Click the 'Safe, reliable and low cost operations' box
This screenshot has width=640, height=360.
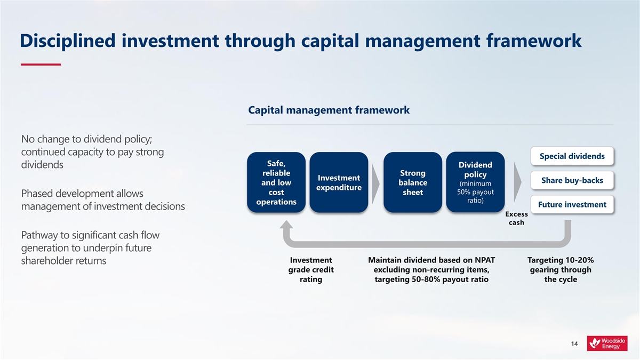[x=276, y=182]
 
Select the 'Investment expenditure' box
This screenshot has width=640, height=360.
[x=339, y=182]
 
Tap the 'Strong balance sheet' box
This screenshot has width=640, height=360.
[x=413, y=182]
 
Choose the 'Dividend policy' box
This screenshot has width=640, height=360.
[x=475, y=182]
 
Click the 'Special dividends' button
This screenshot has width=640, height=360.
[x=572, y=156]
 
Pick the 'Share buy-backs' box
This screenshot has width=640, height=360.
[x=572, y=180]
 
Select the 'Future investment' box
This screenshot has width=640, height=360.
[x=572, y=205]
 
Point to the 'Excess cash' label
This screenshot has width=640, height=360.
[x=516, y=218]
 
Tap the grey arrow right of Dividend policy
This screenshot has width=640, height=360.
[x=517, y=182]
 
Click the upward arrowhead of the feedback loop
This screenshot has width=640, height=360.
[x=286, y=225]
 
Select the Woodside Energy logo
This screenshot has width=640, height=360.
[x=607, y=343]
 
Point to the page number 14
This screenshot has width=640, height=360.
[x=574, y=343]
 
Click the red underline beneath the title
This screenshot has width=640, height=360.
[x=41, y=65]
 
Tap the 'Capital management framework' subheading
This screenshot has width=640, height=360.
[x=329, y=110]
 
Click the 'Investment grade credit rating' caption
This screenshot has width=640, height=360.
[x=311, y=270]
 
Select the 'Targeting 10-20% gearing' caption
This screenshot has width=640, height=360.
[x=561, y=270]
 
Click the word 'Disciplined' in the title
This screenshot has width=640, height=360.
[x=68, y=41]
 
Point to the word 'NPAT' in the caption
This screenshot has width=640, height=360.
[x=485, y=260]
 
